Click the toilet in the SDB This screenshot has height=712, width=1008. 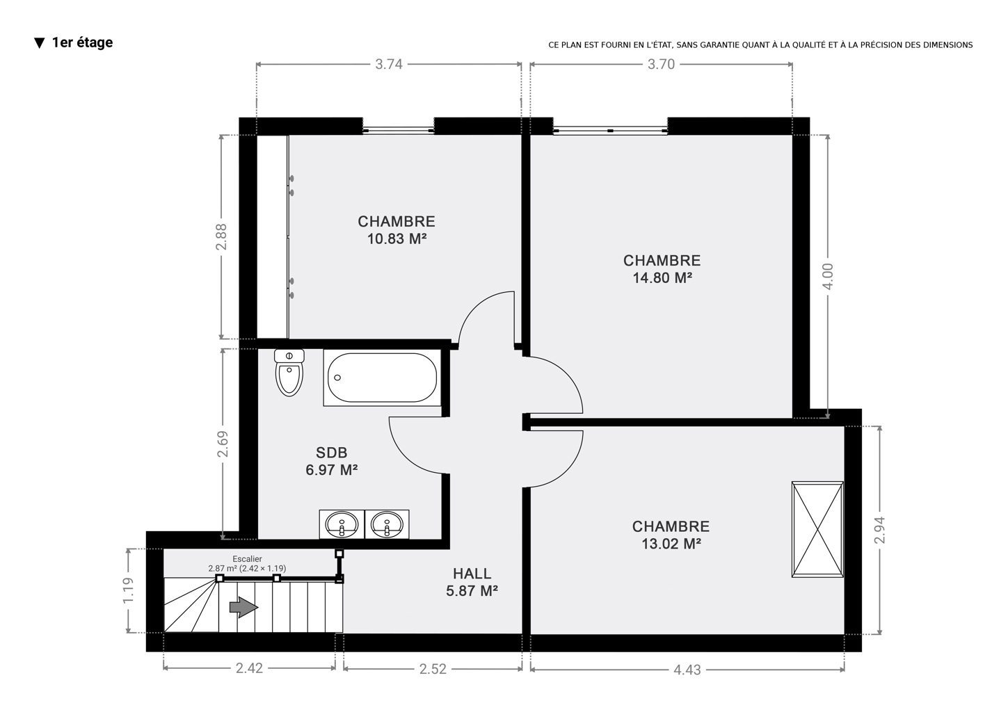coord(289,373)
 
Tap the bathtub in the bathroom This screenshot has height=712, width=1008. coord(382,378)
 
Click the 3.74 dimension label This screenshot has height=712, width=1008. coord(389,65)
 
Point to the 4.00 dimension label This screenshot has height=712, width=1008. coord(828,276)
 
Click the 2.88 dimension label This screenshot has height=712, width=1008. coord(221,236)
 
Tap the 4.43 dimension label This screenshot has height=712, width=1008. coord(687,670)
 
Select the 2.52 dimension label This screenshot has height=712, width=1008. coord(433,670)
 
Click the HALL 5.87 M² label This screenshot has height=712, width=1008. coord(472,582)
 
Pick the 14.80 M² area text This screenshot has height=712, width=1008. coord(662,278)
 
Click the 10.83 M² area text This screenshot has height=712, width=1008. coord(397,238)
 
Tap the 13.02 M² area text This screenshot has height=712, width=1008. coord(671,544)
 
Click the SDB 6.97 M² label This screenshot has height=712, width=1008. coord(332,462)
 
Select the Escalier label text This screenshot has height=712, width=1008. coord(247,559)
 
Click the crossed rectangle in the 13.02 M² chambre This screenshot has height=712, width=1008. coord(817,529)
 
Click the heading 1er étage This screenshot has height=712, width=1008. coord(82,42)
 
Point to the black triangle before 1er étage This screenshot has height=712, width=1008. coord(40,43)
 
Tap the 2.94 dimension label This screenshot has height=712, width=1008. coord(879,530)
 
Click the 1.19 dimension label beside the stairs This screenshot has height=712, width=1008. coord(128,590)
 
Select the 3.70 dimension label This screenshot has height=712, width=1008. coord(661,65)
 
